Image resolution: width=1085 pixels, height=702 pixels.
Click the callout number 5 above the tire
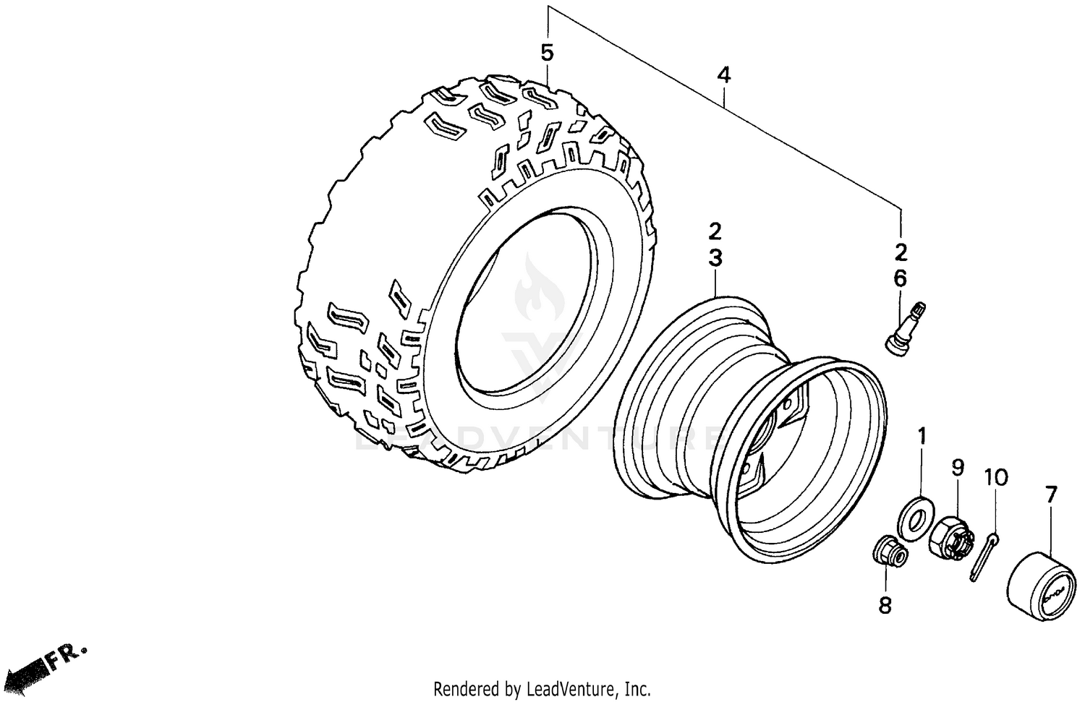coord(547,53)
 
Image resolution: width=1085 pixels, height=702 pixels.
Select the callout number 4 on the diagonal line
coord(724,74)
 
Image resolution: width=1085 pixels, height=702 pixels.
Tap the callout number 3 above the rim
coord(715,257)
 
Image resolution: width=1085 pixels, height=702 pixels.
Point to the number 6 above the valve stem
coord(900,278)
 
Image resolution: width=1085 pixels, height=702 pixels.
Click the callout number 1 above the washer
coord(922,436)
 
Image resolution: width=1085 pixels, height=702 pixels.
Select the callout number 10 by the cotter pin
coord(995,478)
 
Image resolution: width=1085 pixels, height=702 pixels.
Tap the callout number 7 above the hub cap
coord(1050,495)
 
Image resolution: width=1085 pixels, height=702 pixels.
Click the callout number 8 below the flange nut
coord(885,604)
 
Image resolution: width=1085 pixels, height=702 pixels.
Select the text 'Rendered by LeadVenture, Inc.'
coord(542,688)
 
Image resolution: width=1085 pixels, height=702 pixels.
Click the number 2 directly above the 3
coord(715,231)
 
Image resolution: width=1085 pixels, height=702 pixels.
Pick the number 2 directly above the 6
coord(901,253)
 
